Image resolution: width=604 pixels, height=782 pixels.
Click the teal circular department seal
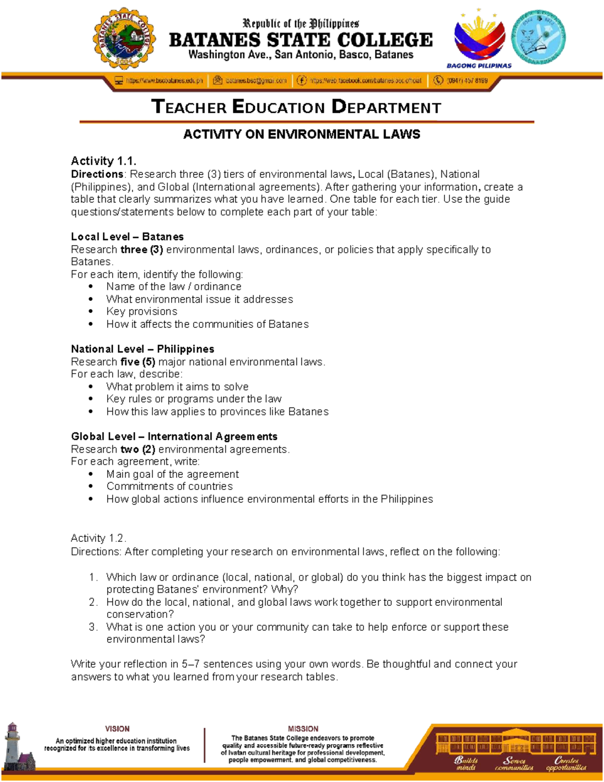click(538, 37)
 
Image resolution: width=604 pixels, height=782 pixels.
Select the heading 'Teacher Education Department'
click(296, 107)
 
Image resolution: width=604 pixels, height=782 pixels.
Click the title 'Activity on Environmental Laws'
click(301, 134)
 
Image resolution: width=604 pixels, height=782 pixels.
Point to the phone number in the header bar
click(467, 81)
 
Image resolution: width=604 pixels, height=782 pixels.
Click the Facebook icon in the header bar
click(301, 81)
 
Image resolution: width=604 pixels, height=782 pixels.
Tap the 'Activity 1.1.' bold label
click(104, 161)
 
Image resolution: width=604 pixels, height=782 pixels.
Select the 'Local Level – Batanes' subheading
click(127, 237)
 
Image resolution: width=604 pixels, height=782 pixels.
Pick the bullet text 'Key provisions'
click(141, 311)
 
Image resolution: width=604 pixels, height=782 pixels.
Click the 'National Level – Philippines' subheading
click(142, 349)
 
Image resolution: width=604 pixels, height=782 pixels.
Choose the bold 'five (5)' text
click(137, 362)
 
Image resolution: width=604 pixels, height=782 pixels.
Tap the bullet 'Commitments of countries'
click(169, 486)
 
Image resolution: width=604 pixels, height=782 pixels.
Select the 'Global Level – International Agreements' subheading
click(174, 437)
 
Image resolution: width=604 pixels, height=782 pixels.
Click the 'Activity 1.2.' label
click(99, 538)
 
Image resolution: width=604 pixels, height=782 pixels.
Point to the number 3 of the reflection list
click(93, 627)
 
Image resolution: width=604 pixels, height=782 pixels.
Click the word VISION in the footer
click(117, 729)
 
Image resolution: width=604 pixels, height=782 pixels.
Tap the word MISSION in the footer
click(303, 729)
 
